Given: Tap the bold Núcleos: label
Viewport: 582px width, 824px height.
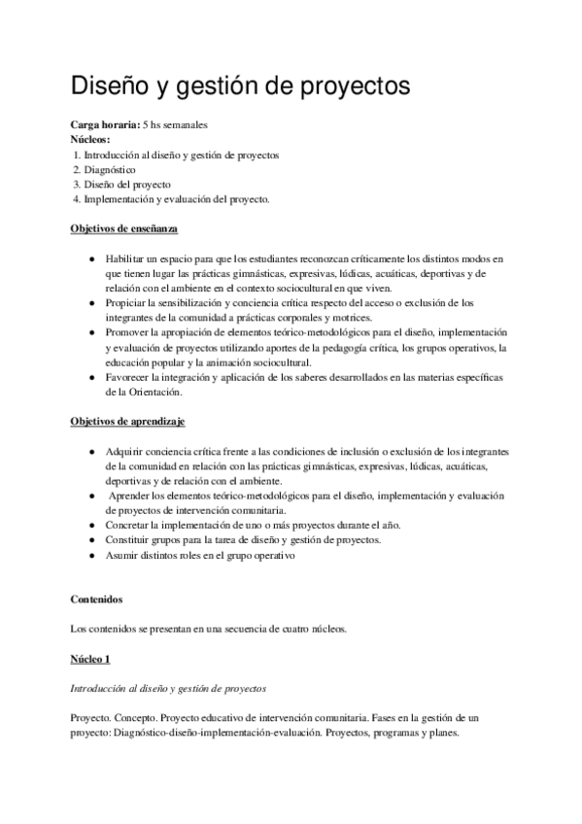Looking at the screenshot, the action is [x=90, y=140].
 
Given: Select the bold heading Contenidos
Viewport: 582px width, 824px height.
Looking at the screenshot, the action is [x=98, y=600].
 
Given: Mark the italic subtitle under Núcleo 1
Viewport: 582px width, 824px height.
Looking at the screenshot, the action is [x=169, y=688].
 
